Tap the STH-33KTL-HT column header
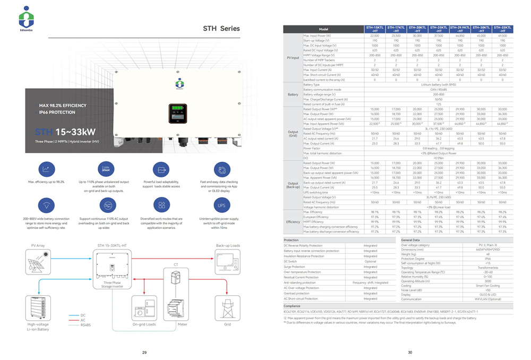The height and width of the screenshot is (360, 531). pyautogui.click(x=502, y=29)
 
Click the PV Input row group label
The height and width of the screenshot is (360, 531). pyautogui.click(x=293, y=57)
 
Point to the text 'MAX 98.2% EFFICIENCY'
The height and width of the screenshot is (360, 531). pyautogui.click(x=59, y=106)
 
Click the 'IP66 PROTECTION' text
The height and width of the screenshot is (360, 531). pyautogui.click(x=56, y=113)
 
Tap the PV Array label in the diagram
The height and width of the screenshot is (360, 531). pyautogui.click(x=39, y=246)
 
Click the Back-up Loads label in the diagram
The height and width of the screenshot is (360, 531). pyautogui.click(x=228, y=246)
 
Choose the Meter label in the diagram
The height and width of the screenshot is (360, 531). pyautogui.click(x=183, y=324)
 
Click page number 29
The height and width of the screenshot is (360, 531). pyautogui.click(x=144, y=353)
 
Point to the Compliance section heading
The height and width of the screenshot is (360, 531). pyautogui.click(x=292, y=306)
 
